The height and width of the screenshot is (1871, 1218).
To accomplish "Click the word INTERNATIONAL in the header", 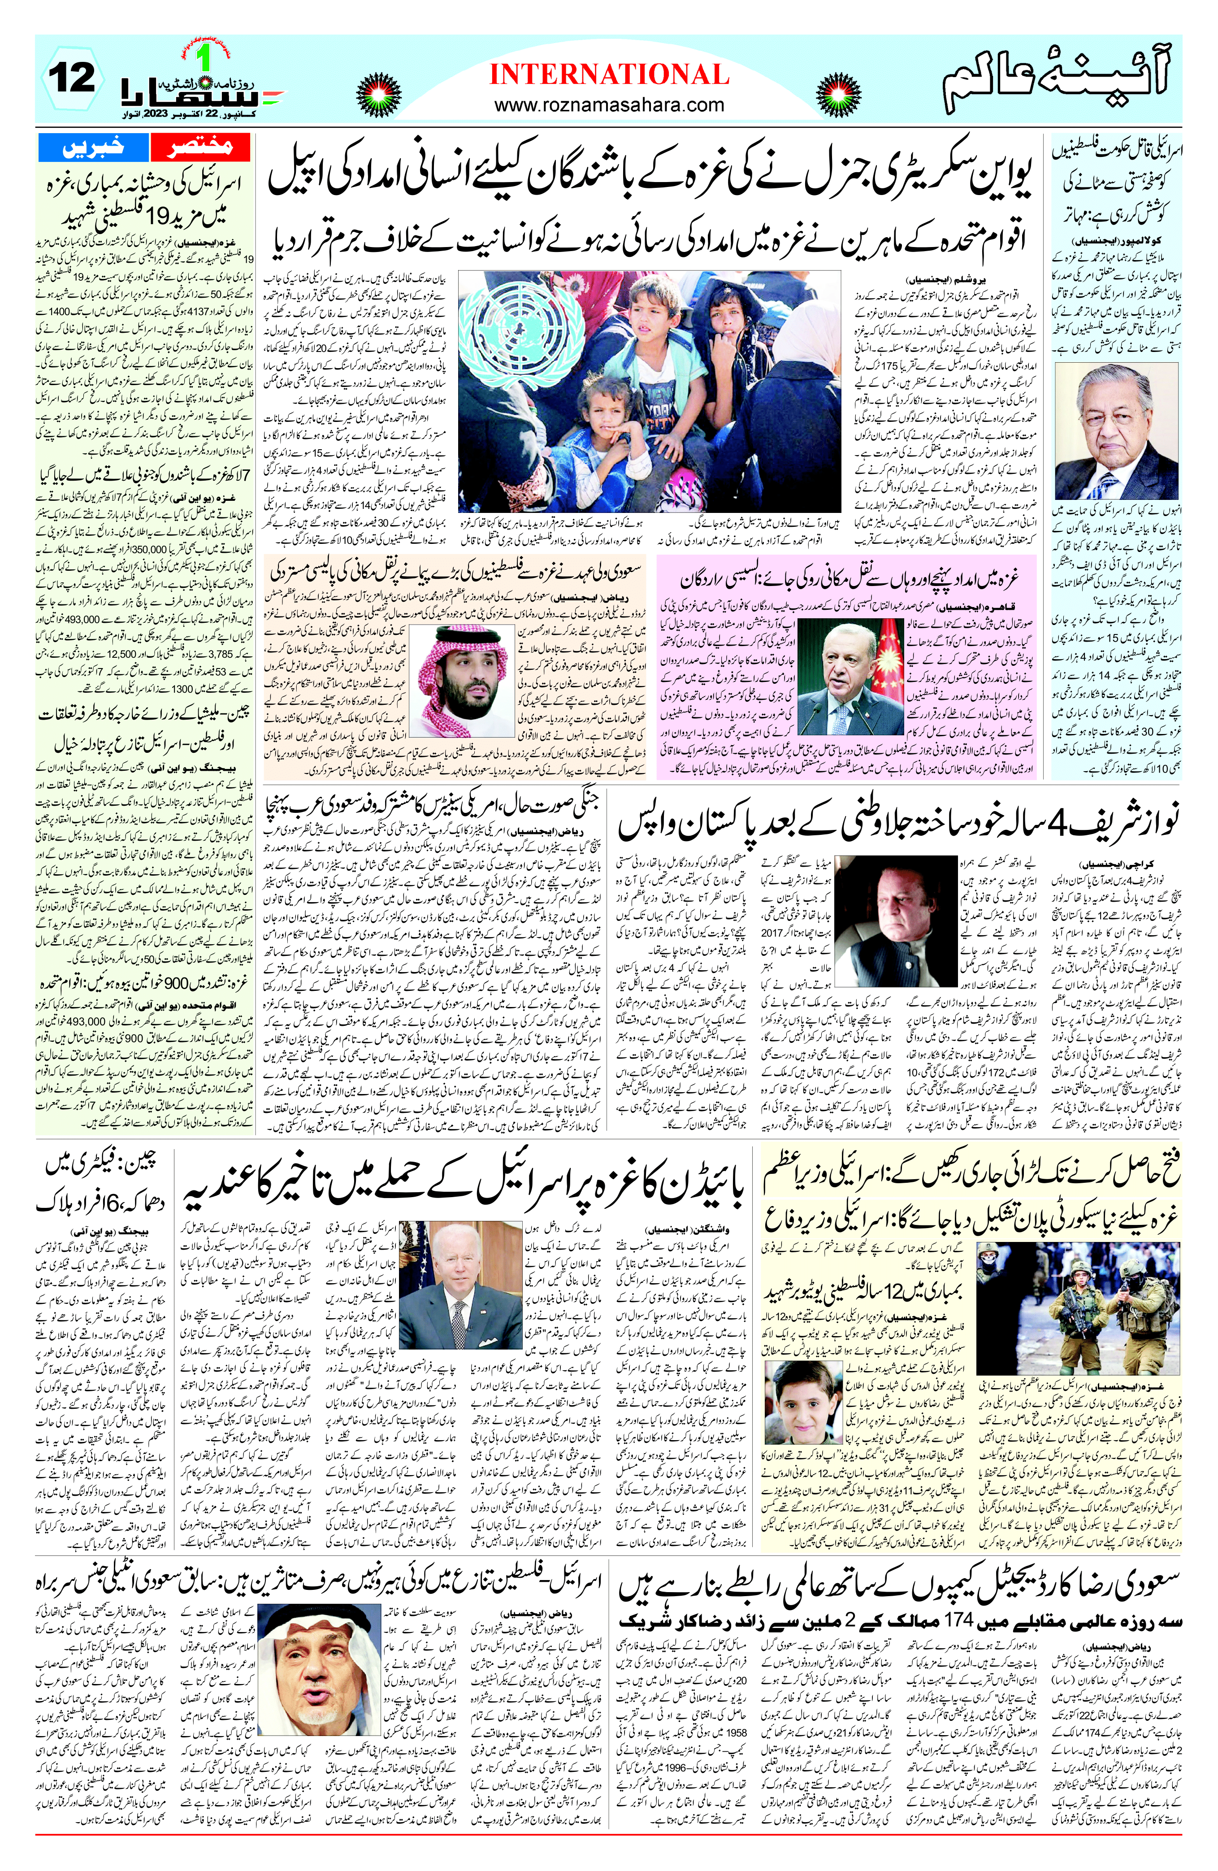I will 609,75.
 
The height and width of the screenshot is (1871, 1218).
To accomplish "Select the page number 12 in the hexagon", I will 72,78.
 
